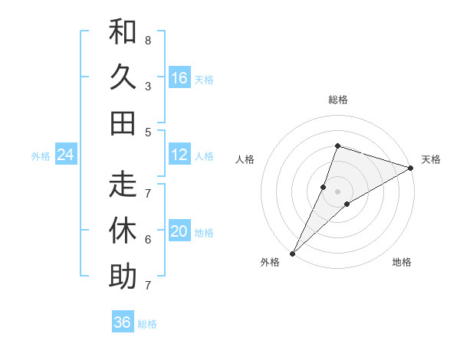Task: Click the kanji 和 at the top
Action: pos(123,34)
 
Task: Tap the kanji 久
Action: pos(123,78)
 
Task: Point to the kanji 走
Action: pos(123,184)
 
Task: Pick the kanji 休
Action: pos(123,229)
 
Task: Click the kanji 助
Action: pos(123,275)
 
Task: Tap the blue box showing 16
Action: pos(179,77)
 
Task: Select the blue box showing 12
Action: pos(179,155)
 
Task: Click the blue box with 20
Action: pos(179,231)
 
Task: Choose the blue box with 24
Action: pos(66,155)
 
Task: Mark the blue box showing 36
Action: pos(123,322)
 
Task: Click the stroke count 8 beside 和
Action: pos(148,40)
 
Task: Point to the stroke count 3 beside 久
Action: pos(148,86)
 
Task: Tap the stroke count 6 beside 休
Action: pos(148,239)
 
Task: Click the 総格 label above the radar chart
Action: pos(337,100)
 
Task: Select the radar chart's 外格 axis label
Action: pos(270,263)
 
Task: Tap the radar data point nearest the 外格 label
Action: pos(292,253)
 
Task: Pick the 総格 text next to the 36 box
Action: pos(147,324)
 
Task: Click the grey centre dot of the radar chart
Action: pos(337,191)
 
